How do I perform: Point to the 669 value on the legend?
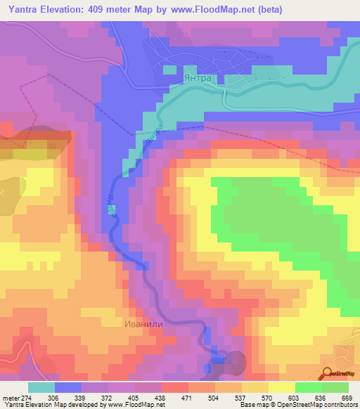346,397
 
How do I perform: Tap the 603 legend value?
295,397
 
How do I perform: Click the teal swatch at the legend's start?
41,387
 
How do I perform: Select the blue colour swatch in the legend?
68,387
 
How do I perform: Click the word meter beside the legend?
11,397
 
